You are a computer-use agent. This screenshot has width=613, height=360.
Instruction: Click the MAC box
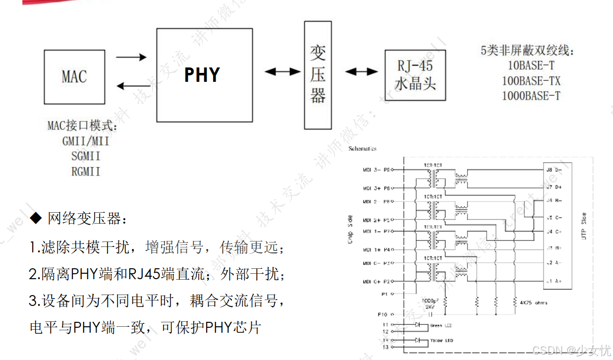point(74,76)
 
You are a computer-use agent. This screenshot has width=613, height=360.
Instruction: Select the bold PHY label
point(202,75)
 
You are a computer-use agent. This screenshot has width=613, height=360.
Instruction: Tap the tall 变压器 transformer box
point(318,75)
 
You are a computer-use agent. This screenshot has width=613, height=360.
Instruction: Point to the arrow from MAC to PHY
point(131,57)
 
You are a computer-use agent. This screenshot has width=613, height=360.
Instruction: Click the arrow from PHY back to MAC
point(133,86)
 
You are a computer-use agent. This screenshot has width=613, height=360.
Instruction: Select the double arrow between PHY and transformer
point(282,72)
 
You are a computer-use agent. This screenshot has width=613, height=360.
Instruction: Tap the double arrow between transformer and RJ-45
point(361,72)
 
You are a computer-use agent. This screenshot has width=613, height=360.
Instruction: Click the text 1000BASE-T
point(531,96)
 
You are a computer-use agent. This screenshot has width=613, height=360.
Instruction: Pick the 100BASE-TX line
point(531,80)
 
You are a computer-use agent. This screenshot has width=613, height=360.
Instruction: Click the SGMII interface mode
point(86,156)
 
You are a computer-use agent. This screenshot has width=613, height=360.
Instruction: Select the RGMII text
point(86,172)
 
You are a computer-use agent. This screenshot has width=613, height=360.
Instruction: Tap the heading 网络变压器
point(84,218)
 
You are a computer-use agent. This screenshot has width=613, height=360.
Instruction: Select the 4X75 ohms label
point(534,302)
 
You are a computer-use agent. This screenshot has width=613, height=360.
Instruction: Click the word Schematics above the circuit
point(362,148)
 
